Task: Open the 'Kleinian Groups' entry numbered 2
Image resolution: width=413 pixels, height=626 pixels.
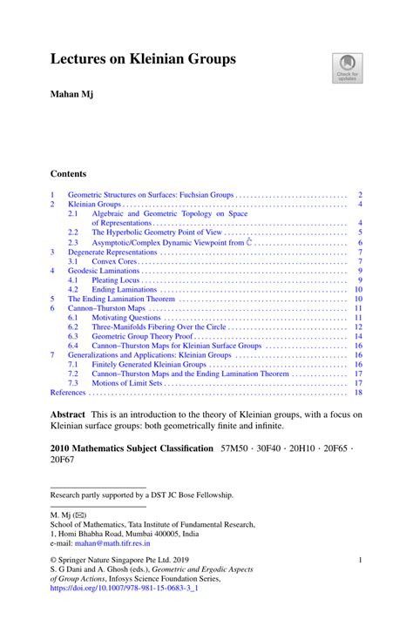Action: [95, 203]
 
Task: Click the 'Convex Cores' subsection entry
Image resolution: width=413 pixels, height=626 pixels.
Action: [118, 261]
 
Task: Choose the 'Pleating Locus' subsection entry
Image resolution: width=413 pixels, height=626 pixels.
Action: [119, 280]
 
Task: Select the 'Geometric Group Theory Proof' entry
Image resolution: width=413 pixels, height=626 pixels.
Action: [139, 336]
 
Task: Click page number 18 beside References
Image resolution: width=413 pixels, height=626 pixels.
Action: [358, 393]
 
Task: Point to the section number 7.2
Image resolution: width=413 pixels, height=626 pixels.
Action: [74, 374]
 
